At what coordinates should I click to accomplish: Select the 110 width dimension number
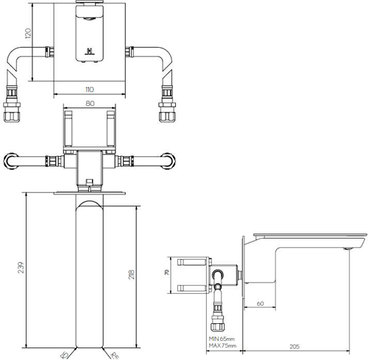88,90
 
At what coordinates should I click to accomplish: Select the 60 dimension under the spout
261,303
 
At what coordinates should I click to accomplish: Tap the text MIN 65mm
221,338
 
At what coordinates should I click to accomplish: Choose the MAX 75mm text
221,345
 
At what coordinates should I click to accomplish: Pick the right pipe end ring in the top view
171,160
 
